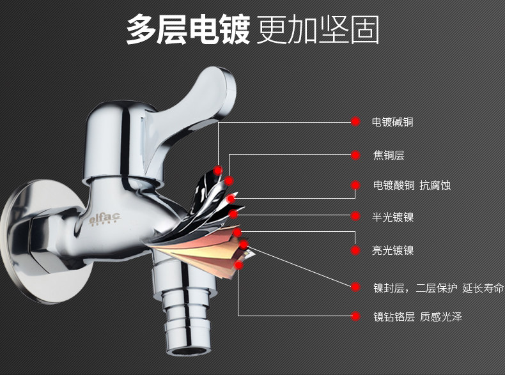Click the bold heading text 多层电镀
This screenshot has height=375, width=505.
[x=187, y=30]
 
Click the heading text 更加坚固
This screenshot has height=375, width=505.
[x=318, y=30]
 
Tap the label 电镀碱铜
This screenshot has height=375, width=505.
[x=392, y=121]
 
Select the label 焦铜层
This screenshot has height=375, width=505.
[x=389, y=155]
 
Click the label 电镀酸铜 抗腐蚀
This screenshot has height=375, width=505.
[x=412, y=185]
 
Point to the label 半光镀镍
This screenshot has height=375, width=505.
[x=392, y=217]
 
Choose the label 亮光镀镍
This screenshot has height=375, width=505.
[x=392, y=250]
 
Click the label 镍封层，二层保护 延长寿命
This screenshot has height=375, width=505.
[x=439, y=287]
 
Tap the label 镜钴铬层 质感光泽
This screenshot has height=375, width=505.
[x=417, y=316]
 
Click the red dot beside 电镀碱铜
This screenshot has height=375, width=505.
[x=355, y=121]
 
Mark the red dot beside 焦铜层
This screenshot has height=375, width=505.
[x=355, y=155]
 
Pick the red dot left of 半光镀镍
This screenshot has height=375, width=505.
[x=355, y=217]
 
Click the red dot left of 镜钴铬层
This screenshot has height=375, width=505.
[x=355, y=316]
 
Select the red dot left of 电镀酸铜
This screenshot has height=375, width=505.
[x=355, y=185]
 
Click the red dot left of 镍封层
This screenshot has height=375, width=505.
[x=355, y=287]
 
